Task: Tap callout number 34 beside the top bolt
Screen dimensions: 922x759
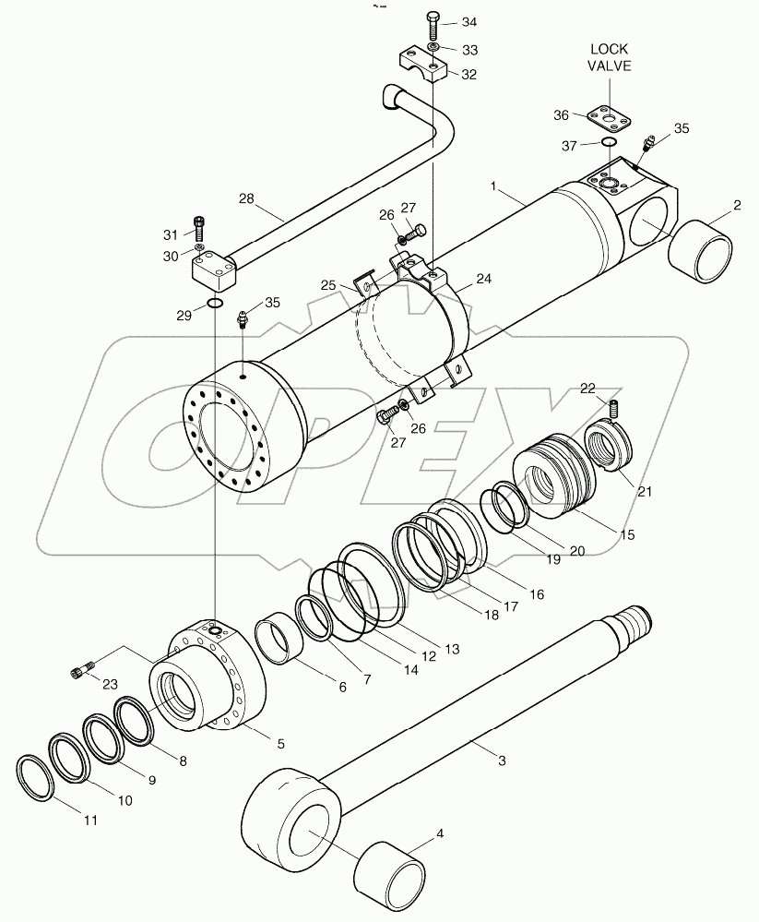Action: point(471,21)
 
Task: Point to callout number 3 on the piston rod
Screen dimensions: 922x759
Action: point(501,760)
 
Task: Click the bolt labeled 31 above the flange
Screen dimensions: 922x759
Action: point(200,224)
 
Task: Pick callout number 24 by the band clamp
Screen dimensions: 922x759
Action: point(483,278)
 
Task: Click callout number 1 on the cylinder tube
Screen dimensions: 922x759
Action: point(494,187)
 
